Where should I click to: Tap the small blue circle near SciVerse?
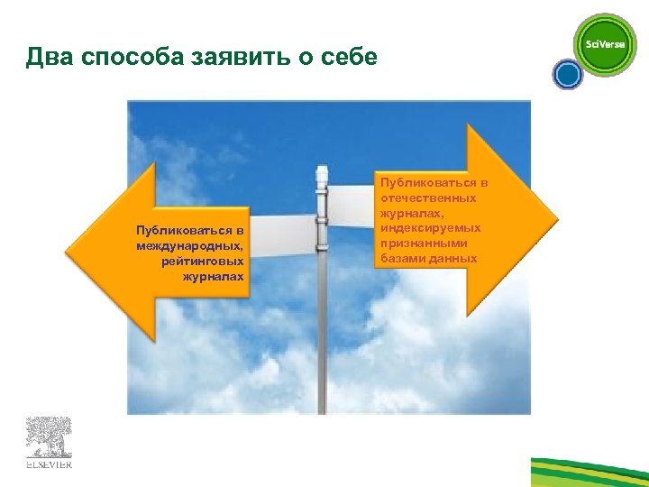(x=568, y=75)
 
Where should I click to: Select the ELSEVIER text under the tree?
(x=49, y=464)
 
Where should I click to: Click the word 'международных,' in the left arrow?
(x=190, y=246)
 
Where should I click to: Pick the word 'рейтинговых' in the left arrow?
(x=203, y=261)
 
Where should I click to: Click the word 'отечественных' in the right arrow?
(x=429, y=198)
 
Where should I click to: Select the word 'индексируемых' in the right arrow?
(x=431, y=228)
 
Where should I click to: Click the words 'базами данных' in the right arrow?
(x=429, y=259)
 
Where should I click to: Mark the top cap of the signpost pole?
(x=322, y=170)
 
